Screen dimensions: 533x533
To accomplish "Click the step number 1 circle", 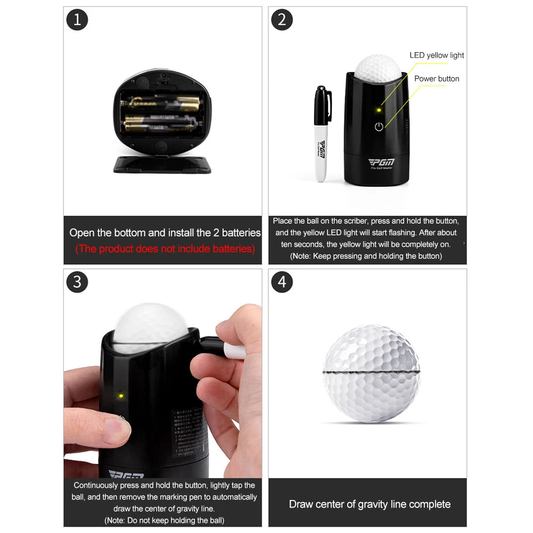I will tap(77, 20).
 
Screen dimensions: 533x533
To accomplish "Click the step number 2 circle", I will tap(282, 20).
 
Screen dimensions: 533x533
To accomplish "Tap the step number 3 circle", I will tap(77, 282).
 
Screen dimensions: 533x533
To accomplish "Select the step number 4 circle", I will tap(282, 282).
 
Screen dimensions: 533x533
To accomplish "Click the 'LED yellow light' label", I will tap(437, 55).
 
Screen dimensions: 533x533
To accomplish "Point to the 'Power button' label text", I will tap(437, 79).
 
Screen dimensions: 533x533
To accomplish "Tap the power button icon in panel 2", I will tap(379, 127).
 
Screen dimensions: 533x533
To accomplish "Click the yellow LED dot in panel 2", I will tap(379, 110).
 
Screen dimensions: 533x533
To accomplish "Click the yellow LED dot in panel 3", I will tap(121, 396).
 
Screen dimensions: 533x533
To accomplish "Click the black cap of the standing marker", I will tap(322, 106).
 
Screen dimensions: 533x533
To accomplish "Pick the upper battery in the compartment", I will tap(161, 101).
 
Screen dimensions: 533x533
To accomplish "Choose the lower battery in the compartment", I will tap(161, 123).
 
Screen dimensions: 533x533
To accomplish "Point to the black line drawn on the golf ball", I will tap(372, 371).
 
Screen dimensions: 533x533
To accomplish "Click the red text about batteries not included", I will tap(165, 249).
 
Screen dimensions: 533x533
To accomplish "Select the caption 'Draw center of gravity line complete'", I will tap(370, 504).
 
